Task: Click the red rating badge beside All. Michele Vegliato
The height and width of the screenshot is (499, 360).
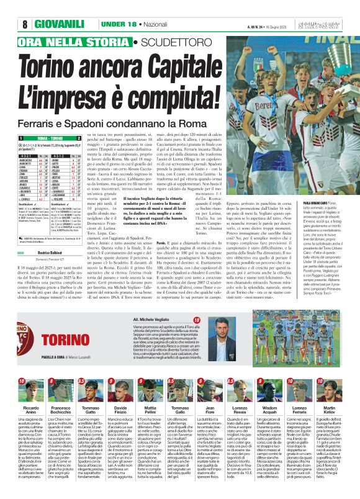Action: [x=197, y=320]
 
